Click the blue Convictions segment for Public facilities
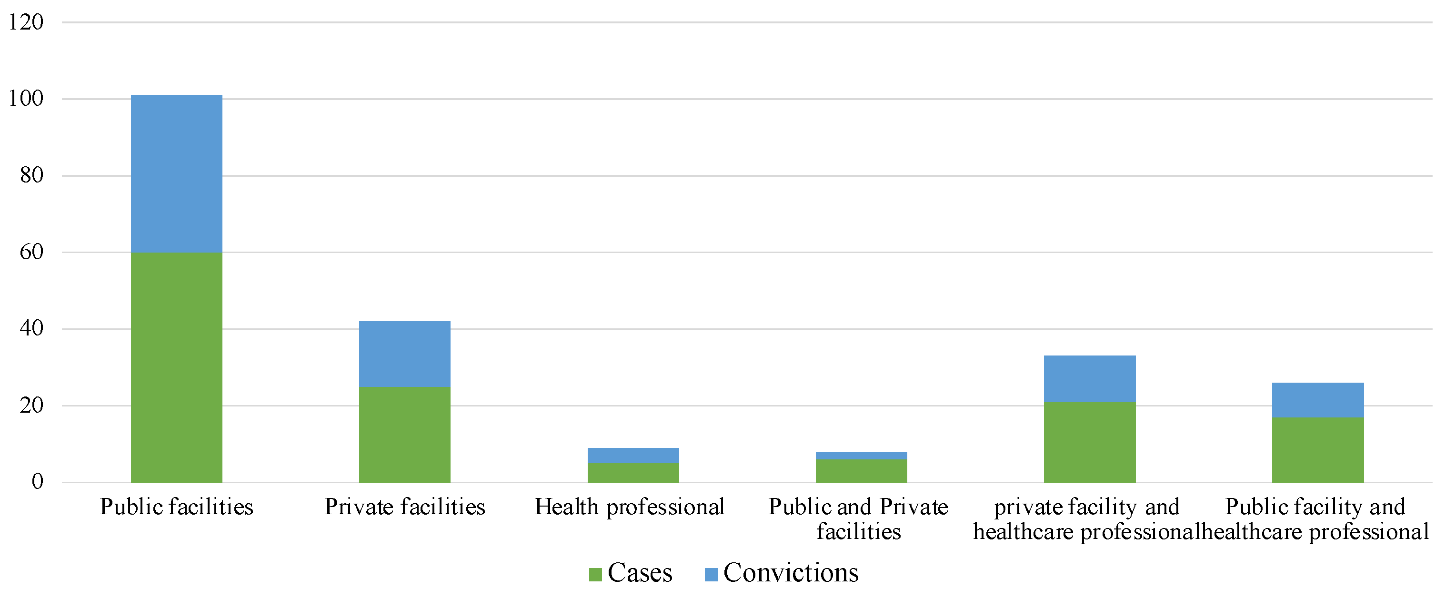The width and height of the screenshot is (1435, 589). pyautogui.click(x=177, y=173)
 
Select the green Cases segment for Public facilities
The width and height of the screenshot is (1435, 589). pyautogui.click(x=177, y=367)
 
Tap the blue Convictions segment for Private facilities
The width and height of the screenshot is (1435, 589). pyautogui.click(x=404, y=354)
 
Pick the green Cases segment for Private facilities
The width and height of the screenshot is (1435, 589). pyautogui.click(x=404, y=434)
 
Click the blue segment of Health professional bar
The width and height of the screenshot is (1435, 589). pyautogui.click(x=633, y=455)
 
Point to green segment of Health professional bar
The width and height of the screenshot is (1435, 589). pyautogui.click(x=633, y=473)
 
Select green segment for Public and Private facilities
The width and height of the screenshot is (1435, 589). pyautogui.click(x=861, y=470)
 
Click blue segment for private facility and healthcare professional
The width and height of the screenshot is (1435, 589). pyautogui.click(x=1090, y=378)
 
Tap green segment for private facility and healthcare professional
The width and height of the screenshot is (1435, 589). pyautogui.click(x=1090, y=442)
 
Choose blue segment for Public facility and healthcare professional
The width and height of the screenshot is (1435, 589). pyautogui.click(x=1318, y=400)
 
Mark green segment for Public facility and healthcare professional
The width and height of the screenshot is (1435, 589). pyautogui.click(x=1318, y=450)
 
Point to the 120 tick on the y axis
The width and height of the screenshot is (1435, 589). pyautogui.click(x=26, y=22)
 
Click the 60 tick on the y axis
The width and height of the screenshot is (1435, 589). pyautogui.click(x=31, y=252)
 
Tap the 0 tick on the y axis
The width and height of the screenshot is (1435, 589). pyautogui.click(x=37, y=481)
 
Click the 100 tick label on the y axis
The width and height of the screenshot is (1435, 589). pyautogui.click(x=26, y=99)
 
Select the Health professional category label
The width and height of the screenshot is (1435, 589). pyautogui.click(x=630, y=507)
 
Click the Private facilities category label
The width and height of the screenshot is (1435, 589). pyautogui.click(x=404, y=507)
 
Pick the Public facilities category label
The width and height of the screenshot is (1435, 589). pyautogui.click(x=177, y=507)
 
